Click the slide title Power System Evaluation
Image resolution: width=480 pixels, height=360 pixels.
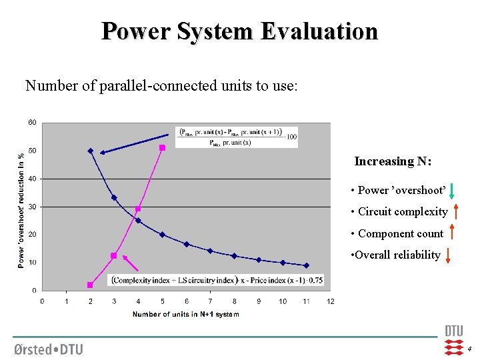pos(239,31)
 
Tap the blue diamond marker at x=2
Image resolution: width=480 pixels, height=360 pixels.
pos(91,151)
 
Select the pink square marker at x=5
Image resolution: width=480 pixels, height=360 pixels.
pos(162,147)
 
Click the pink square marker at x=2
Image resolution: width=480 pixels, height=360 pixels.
pos(90,285)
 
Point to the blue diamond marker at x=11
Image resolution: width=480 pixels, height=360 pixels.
pos(306,265)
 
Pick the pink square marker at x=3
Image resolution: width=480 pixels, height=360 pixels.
pos(114,256)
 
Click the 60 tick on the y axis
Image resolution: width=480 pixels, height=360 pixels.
pos(32,123)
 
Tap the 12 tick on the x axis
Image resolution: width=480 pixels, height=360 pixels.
pos(330,302)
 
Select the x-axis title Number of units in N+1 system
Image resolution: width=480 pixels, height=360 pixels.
pos(185,314)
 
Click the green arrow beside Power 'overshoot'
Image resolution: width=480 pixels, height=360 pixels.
pos(452,191)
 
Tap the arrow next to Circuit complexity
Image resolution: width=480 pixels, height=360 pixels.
pos(455,212)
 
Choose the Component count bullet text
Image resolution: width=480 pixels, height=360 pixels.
pos(400,233)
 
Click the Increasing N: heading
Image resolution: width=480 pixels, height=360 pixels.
pos(393,161)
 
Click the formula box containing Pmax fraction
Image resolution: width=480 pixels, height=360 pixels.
pos(237,137)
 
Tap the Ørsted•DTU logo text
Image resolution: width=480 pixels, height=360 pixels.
pos(48,349)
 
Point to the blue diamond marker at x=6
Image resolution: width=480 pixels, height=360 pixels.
pos(187,244)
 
